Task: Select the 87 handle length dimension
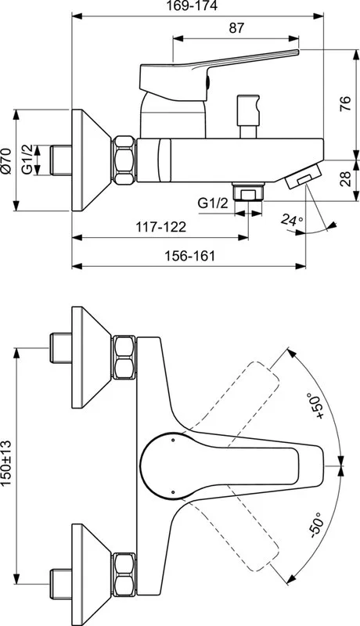[x=236, y=28]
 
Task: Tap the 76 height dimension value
[x=345, y=103]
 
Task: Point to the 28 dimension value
[x=346, y=178]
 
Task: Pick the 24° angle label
[x=292, y=219]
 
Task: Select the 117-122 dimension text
[x=161, y=227]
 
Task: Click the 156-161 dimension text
[x=190, y=256]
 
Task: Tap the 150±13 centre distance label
[x=6, y=463]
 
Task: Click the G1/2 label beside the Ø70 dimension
[x=27, y=160]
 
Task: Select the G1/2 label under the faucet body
[x=214, y=203]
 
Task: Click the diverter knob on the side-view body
[x=249, y=116]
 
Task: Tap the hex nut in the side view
[x=124, y=160]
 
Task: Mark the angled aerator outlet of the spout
[x=304, y=175]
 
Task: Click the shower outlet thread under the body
[x=248, y=192]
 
